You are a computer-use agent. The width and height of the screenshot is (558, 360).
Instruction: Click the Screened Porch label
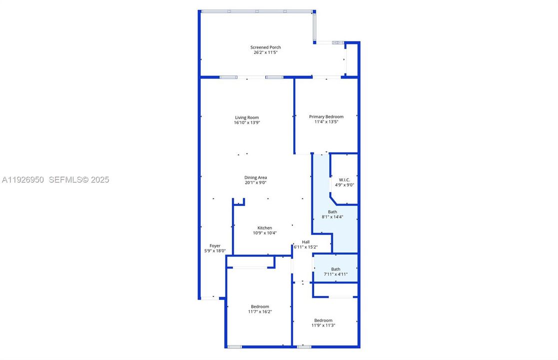(x=265, y=47)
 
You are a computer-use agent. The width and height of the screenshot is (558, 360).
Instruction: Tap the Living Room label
(x=247, y=117)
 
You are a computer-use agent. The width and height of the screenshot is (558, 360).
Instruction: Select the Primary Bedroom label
(x=326, y=116)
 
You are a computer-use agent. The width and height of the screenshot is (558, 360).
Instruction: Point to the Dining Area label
(x=255, y=177)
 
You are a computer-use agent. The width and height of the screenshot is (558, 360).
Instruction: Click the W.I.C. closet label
(x=345, y=180)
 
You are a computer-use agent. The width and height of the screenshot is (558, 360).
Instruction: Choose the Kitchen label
(x=265, y=228)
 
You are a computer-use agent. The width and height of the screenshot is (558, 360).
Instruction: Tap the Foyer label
(x=215, y=246)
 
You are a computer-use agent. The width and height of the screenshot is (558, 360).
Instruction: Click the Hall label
(x=306, y=242)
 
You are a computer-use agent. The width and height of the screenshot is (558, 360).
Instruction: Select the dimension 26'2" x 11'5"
(x=265, y=52)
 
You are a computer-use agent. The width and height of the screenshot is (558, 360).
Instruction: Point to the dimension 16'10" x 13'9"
(x=247, y=122)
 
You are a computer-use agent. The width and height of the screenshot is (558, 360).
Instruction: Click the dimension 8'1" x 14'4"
(x=332, y=217)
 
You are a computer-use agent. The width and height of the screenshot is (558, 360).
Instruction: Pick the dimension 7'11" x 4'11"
(x=335, y=274)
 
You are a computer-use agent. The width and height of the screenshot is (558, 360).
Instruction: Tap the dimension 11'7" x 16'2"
(x=260, y=311)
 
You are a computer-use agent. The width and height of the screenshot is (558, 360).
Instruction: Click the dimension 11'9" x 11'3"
(x=323, y=325)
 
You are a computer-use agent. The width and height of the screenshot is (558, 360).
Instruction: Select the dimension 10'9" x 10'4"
(x=265, y=233)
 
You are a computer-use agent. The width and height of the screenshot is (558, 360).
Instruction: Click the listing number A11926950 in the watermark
(x=23, y=179)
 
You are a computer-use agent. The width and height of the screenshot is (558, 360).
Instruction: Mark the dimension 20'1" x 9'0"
(x=255, y=182)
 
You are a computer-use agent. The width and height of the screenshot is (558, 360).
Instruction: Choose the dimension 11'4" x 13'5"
(x=326, y=121)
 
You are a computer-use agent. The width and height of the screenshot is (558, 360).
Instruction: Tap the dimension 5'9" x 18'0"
(x=215, y=251)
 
